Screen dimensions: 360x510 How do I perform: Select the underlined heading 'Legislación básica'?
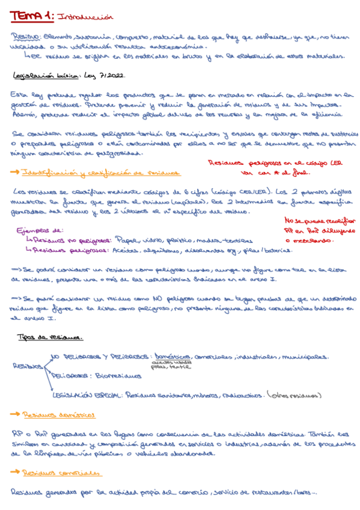pyautogui.click(x=41, y=76)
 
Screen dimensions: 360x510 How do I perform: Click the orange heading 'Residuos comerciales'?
pyautogui.click(x=60, y=473)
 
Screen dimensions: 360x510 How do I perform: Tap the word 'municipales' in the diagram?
pyautogui.click(x=304, y=355)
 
